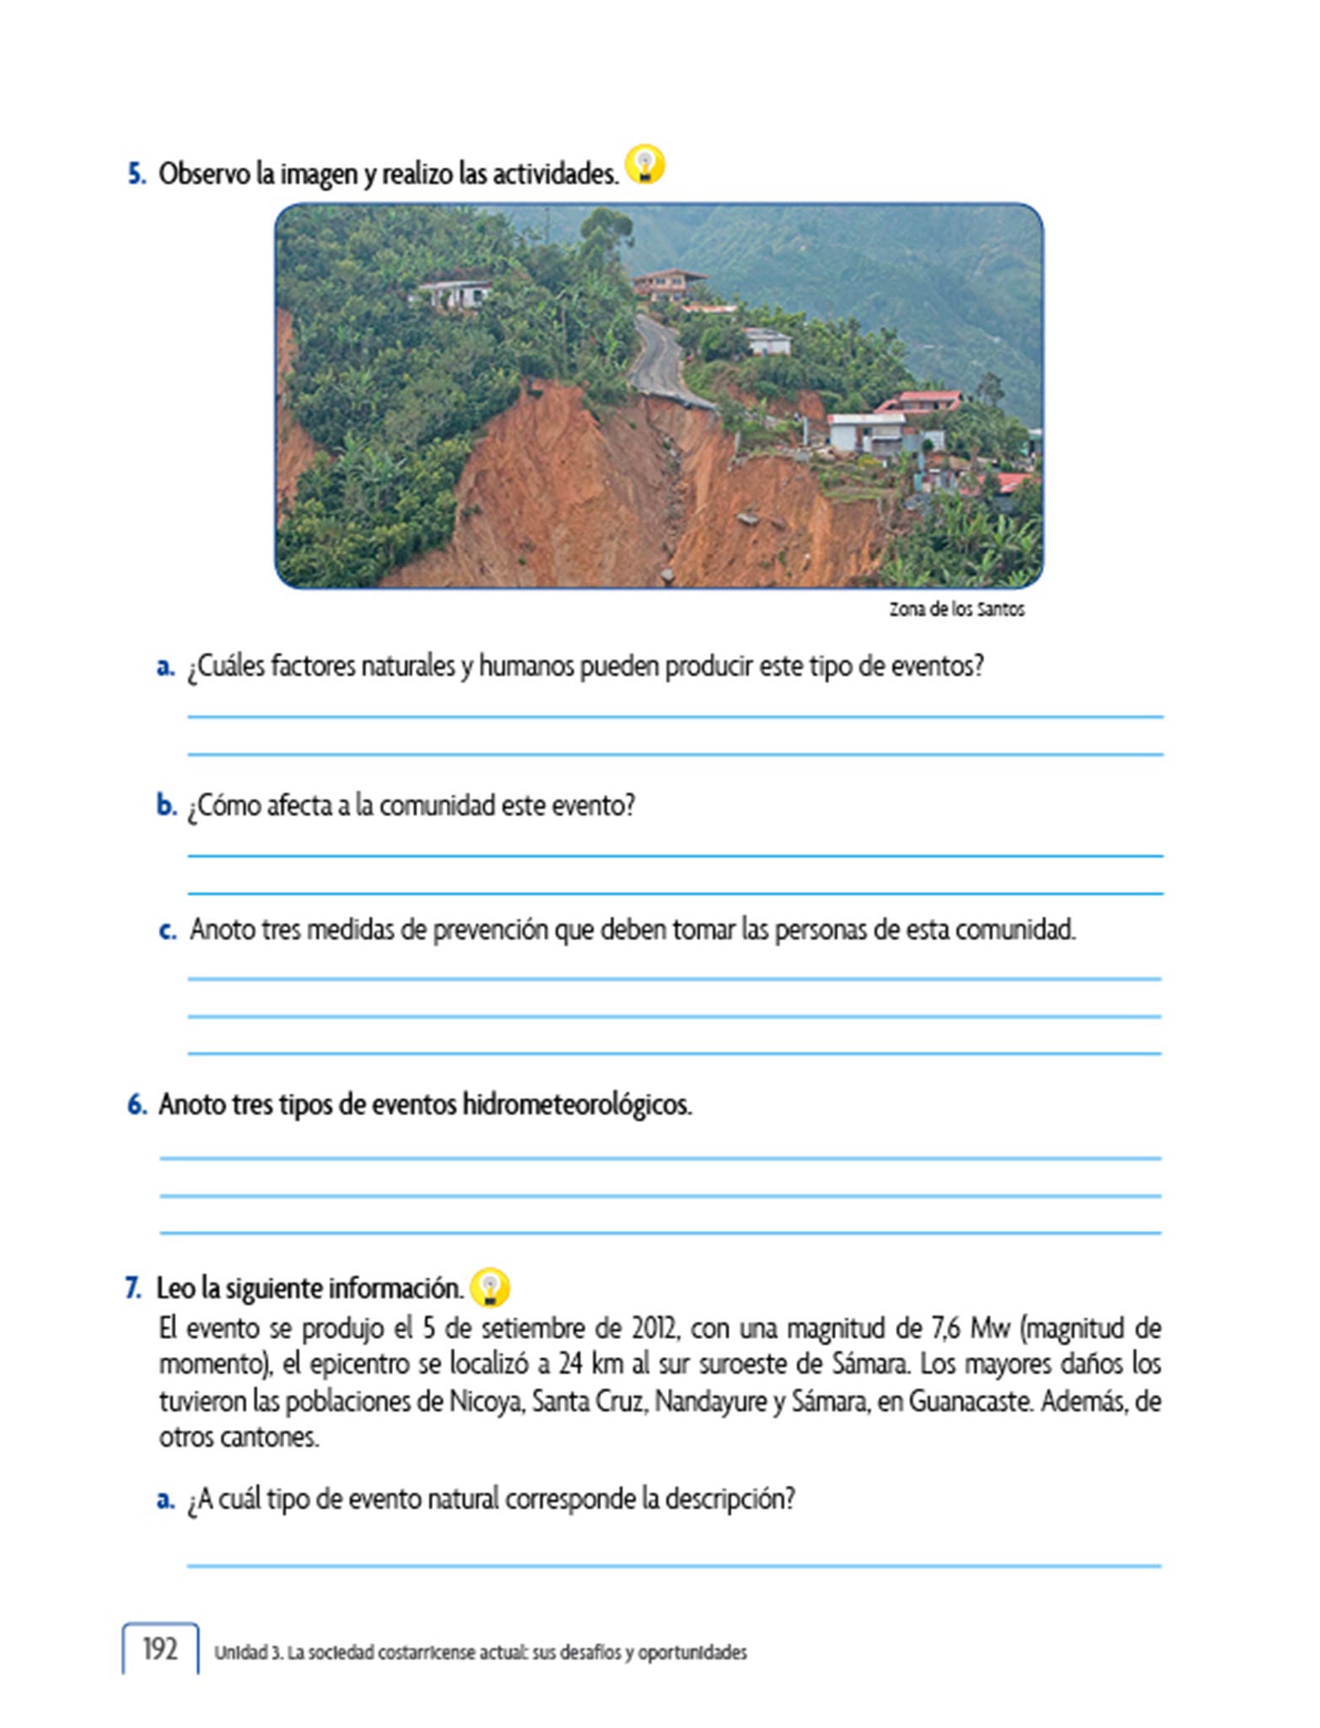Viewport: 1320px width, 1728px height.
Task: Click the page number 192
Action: pyautogui.click(x=160, y=1649)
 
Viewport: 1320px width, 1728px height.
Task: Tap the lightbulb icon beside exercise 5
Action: pyautogui.click(x=645, y=165)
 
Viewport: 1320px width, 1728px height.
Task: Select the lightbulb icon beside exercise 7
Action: pyautogui.click(x=490, y=1288)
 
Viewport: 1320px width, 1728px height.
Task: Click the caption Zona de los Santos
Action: pyautogui.click(x=956, y=609)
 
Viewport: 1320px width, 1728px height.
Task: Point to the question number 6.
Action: pyautogui.click(x=137, y=1104)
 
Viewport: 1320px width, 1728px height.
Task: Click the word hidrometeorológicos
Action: pyautogui.click(x=577, y=1104)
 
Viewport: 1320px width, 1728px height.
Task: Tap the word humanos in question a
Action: pyautogui.click(x=518, y=667)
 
